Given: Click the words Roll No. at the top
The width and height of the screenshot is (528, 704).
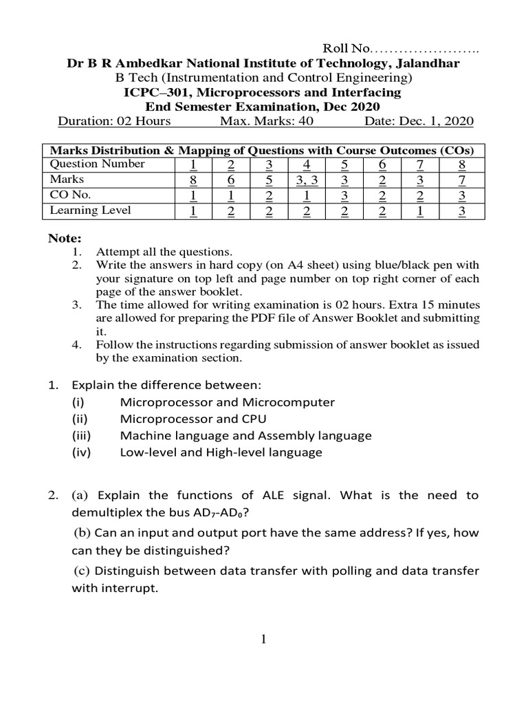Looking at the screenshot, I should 347,49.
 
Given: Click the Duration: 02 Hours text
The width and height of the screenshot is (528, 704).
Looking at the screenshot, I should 114,121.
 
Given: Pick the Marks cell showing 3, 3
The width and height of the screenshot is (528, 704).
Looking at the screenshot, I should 306,180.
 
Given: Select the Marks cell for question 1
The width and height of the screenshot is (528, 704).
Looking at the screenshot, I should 194,180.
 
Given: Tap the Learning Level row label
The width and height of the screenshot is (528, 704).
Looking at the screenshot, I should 90,211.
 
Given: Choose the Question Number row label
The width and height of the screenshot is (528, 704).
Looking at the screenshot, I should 97,164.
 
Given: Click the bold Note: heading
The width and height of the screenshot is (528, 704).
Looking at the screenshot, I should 64,239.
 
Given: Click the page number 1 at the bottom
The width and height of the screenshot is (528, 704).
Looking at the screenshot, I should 263,640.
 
